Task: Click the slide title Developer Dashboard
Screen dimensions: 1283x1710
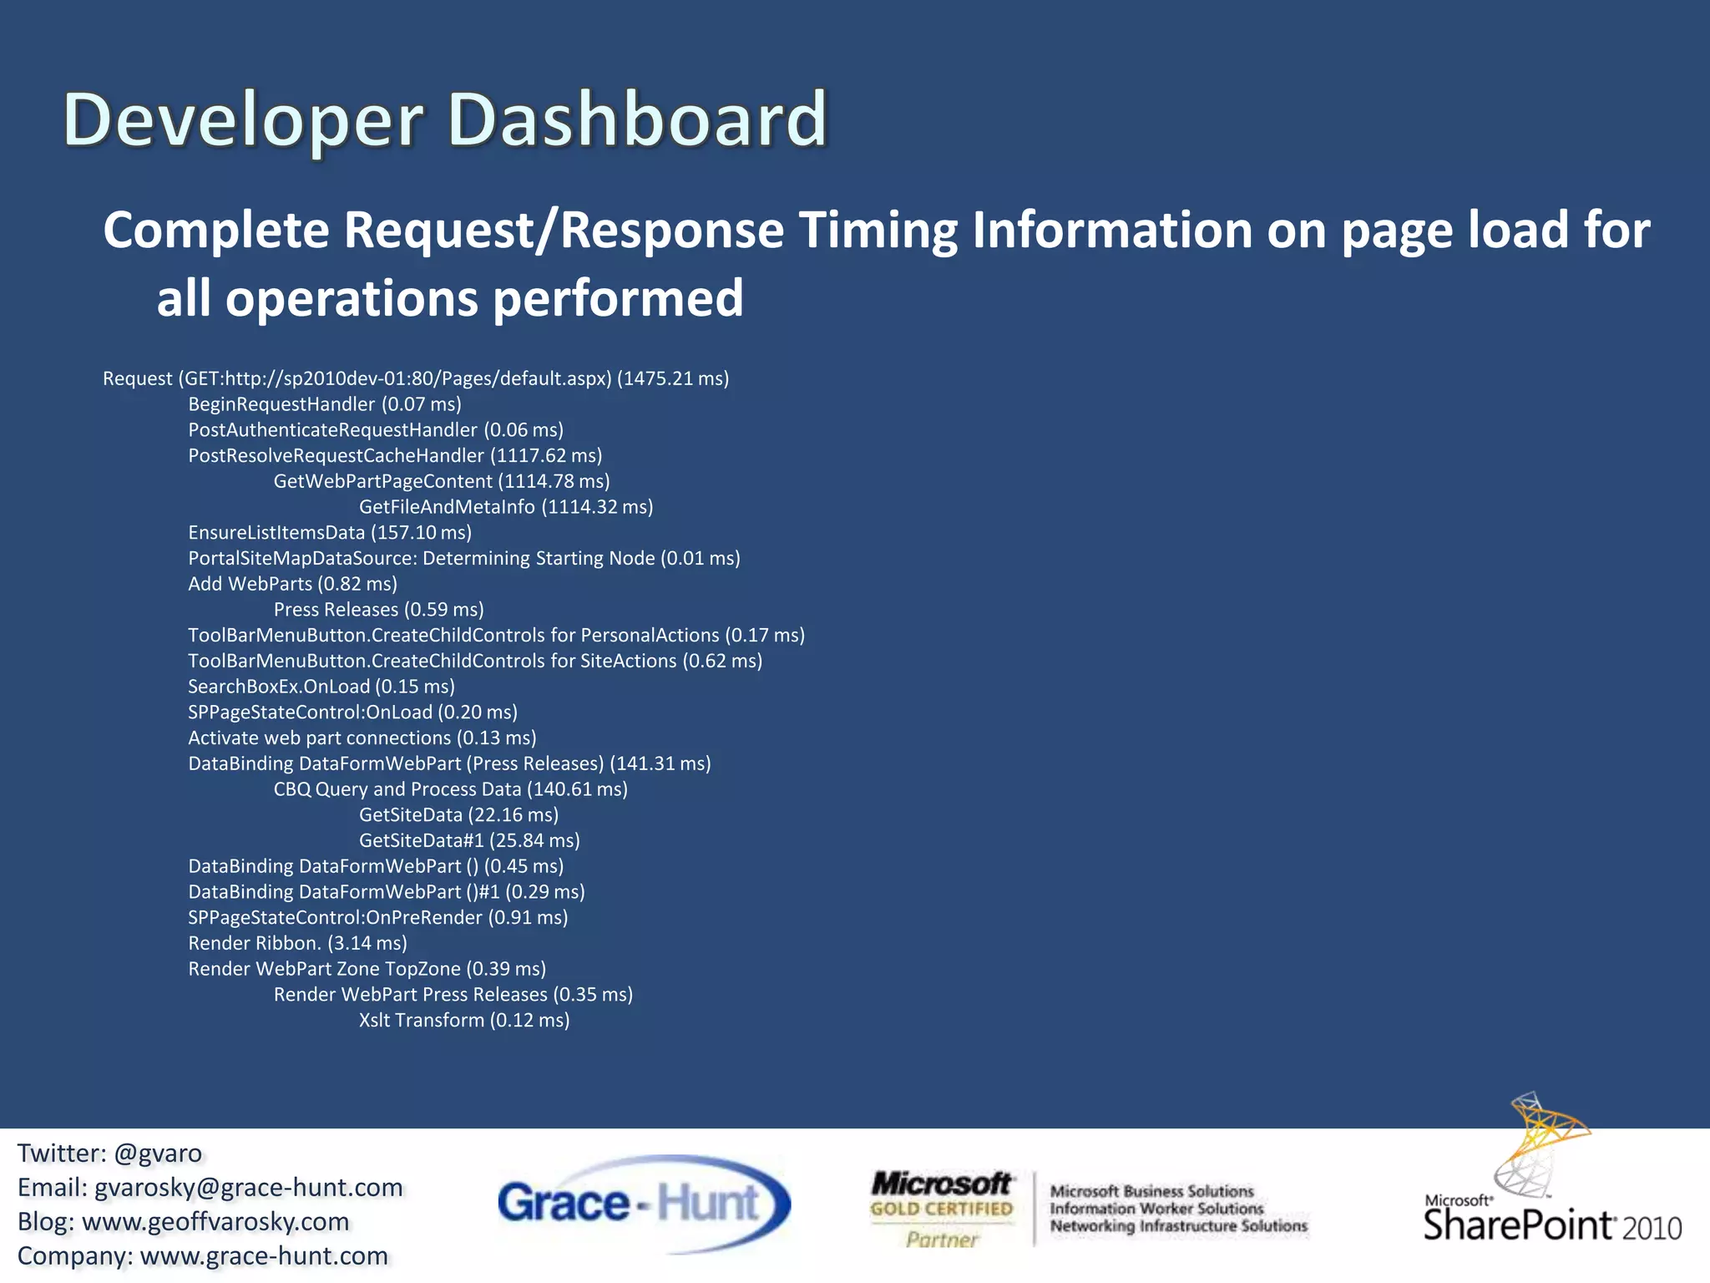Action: point(445,119)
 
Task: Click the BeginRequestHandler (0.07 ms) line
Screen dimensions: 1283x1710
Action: point(325,404)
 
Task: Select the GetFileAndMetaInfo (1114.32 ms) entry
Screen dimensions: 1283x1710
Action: point(506,507)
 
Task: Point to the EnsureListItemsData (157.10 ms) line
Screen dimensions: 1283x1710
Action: point(330,533)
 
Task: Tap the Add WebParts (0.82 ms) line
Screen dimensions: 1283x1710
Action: point(292,584)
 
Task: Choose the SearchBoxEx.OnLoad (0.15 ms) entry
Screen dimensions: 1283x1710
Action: point(321,687)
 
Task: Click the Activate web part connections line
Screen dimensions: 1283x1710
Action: point(362,738)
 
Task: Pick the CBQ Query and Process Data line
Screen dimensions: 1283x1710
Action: point(451,789)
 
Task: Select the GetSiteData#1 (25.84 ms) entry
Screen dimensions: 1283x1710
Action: point(469,840)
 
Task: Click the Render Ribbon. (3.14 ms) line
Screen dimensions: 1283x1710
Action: point(297,943)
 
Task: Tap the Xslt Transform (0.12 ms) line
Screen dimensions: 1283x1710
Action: point(464,1020)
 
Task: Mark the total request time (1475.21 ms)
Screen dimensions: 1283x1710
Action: point(673,378)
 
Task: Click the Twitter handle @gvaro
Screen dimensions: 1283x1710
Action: point(158,1154)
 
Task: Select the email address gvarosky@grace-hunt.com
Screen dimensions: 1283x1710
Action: point(249,1188)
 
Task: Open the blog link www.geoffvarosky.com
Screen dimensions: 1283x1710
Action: point(215,1222)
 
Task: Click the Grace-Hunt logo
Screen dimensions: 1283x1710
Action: point(643,1204)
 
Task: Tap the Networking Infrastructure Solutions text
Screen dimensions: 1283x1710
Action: point(1178,1226)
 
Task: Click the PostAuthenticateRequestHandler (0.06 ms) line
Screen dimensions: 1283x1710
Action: point(376,430)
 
